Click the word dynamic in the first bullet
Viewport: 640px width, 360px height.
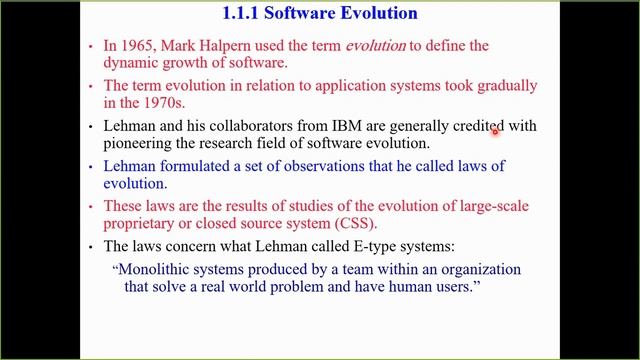coord(135,63)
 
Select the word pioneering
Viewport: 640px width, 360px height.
coord(143,144)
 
